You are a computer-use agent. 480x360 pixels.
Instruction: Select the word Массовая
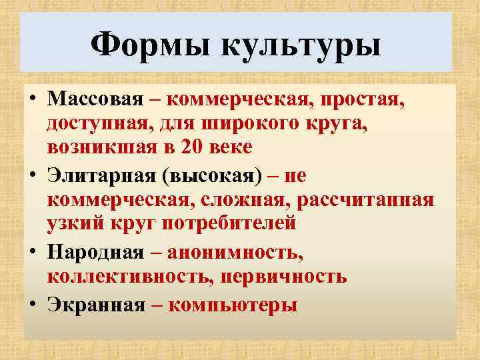point(95,100)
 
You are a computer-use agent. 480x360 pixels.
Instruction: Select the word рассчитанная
point(369,199)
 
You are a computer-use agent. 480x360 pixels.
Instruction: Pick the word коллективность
point(124,275)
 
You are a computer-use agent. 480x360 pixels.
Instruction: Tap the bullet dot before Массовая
point(33,100)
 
